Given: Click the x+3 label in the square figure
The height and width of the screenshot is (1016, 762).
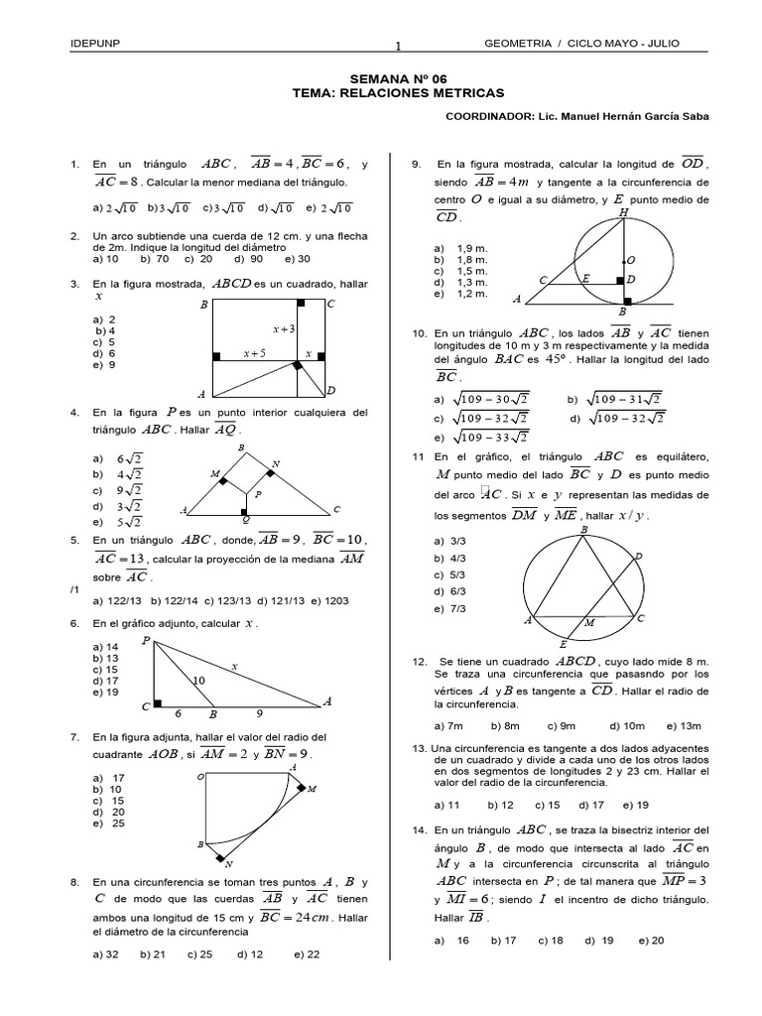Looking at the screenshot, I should pos(284,327).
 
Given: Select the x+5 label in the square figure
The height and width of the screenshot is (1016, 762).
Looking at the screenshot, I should pos(254,353).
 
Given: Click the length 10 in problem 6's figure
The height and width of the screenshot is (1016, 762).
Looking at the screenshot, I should pos(198,681).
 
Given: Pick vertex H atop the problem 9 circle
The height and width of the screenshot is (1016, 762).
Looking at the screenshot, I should pos(622,212).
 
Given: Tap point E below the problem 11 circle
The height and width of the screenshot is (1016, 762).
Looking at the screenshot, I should pos(563,643).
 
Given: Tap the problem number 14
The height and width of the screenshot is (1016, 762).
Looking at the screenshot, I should pos(419,830).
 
